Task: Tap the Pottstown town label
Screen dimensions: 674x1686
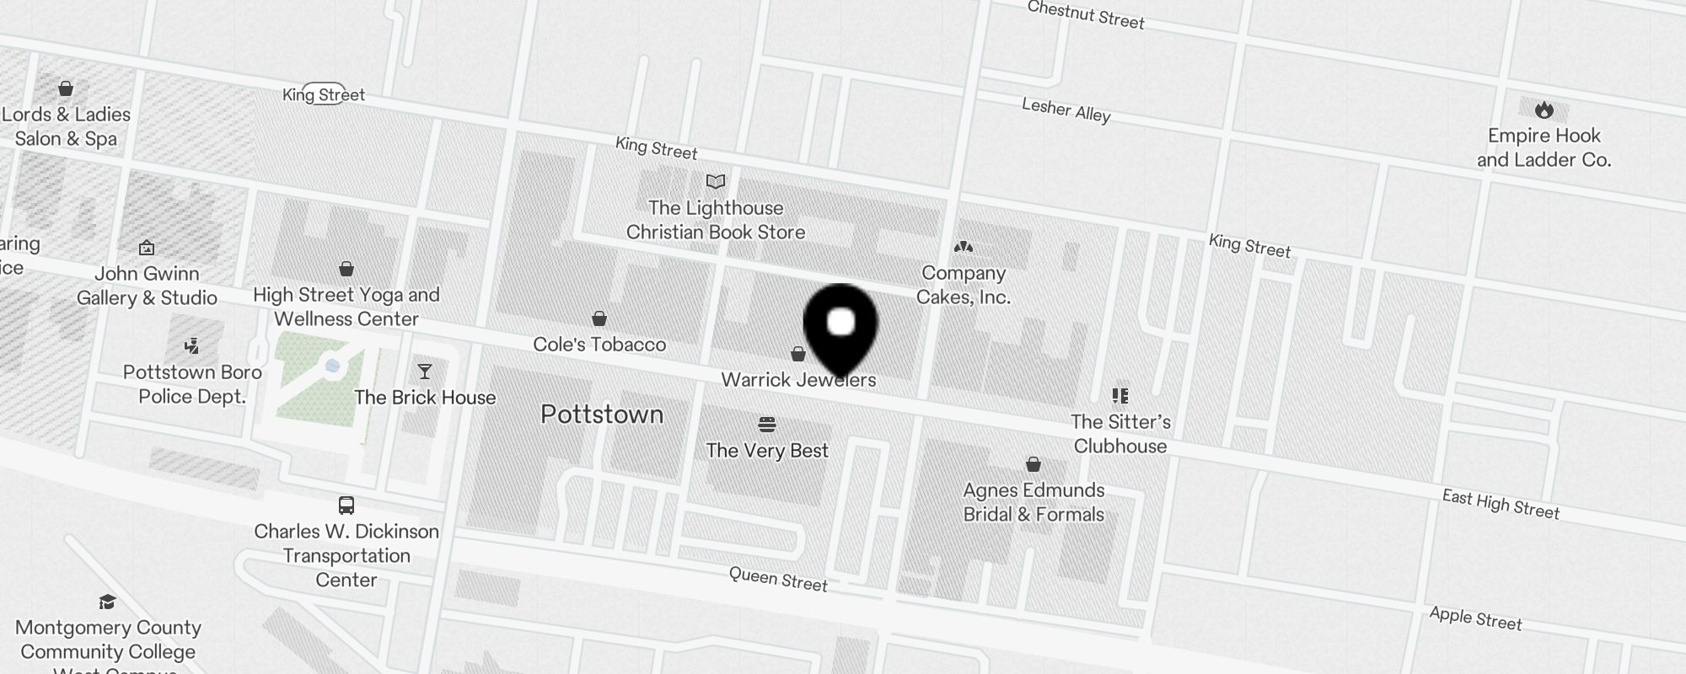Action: [x=602, y=415]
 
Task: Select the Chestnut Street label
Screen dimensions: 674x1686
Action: [x=1086, y=14]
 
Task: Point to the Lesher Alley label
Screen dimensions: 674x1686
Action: [x=1066, y=110]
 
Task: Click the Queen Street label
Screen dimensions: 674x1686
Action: [x=778, y=579]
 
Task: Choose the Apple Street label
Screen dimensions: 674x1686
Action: [x=1475, y=618]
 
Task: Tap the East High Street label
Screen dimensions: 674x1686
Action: [x=1501, y=504]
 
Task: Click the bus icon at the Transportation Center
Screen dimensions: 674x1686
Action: [x=346, y=505]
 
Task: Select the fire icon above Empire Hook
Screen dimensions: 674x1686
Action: [x=1544, y=110]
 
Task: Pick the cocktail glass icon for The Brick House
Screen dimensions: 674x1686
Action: [x=425, y=372]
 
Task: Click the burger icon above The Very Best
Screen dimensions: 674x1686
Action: [x=767, y=424]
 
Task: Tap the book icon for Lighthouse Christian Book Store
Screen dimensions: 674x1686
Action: [x=716, y=181]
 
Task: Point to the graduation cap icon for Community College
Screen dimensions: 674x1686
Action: [x=107, y=602]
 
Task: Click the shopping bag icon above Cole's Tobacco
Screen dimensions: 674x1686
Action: [x=599, y=318]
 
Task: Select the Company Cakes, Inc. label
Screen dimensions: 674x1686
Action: [x=964, y=285]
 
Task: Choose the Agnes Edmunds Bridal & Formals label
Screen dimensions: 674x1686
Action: [x=1034, y=502]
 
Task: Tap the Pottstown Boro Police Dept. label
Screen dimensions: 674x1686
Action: [x=192, y=384]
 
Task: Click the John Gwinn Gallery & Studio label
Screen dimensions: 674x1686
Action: [x=147, y=286]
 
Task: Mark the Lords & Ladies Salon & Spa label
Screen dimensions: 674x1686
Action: [x=67, y=126]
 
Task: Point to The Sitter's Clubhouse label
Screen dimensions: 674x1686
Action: [x=1120, y=434]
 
